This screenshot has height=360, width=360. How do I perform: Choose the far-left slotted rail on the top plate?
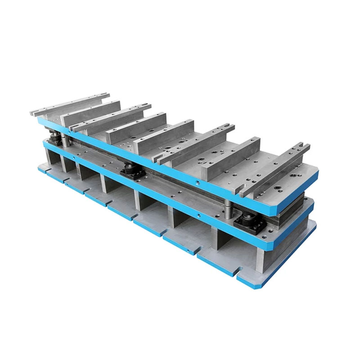click(67, 103)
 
